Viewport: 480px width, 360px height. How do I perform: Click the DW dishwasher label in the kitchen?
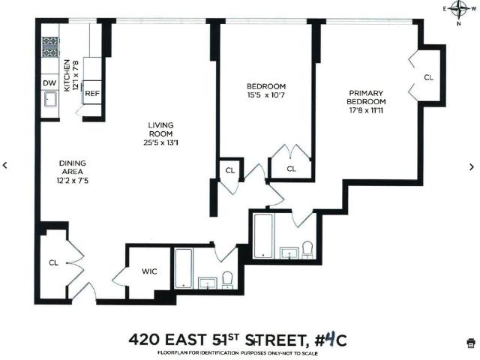click(x=49, y=83)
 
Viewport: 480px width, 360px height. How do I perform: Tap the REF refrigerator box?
click(x=92, y=92)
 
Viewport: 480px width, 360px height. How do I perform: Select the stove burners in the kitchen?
click(x=50, y=46)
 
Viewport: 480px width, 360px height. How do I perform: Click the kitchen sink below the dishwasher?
click(x=50, y=98)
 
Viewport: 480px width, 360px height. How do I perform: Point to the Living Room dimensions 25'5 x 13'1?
click(x=160, y=142)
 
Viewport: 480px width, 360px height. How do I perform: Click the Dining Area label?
click(x=73, y=167)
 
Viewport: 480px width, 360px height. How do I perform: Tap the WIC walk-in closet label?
click(x=149, y=271)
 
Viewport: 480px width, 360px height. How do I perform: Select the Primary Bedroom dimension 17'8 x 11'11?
click(x=366, y=110)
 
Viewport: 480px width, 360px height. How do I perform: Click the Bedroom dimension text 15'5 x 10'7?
click(x=266, y=95)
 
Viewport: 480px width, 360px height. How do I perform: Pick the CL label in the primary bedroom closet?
click(x=428, y=77)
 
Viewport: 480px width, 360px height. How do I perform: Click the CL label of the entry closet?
click(x=53, y=262)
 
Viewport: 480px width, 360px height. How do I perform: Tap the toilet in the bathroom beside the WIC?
click(x=227, y=280)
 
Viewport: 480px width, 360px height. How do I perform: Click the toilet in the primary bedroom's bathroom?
click(x=307, y=250)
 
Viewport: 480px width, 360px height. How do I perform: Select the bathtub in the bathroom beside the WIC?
click(x=184, y=268)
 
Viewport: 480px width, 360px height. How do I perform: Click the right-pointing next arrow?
click(x=472, y=166)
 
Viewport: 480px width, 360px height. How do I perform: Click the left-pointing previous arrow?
click(x=5, y=165)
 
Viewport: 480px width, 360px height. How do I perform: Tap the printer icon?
click(x=470, y=343)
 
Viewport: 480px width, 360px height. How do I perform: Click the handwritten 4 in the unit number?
click(x=330, y=339)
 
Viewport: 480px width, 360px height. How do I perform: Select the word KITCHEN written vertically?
click(x=67, y=76)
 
